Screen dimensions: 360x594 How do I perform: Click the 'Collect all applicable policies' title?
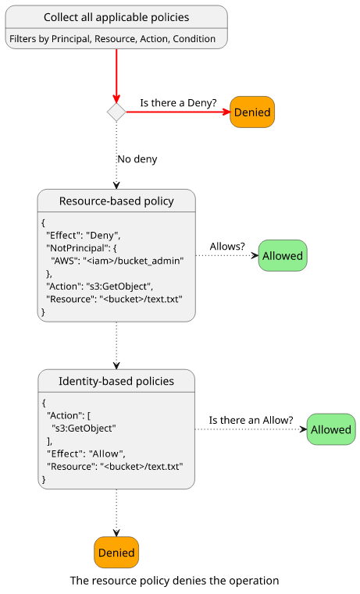tap(116, 17)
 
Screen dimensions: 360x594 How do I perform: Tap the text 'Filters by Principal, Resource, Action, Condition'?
tap(112, 39)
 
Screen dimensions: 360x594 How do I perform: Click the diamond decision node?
tap(116, 112)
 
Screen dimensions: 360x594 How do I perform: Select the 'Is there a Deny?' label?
tap(179, 103)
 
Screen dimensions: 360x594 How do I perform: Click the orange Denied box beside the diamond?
tap(252, 112)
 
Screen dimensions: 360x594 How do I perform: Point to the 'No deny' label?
tap(137, 159)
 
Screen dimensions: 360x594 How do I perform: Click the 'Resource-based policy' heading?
tap(116, 201)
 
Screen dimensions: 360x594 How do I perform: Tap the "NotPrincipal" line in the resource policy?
tap(81, 248)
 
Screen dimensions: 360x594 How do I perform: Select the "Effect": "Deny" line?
tap(84, 235)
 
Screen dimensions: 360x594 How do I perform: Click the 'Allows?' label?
tap(227, 247)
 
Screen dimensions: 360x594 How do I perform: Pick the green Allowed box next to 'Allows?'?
tap(283, 256)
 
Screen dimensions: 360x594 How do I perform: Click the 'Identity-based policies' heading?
tap(116, 381)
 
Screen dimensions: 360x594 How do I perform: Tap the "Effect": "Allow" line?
tap(87, 454)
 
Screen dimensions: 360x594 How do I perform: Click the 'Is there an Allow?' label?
tap(251, 420)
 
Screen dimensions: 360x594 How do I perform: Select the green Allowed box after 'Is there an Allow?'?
tap(331, 429)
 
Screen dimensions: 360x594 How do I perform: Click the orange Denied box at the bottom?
tap(116, 553)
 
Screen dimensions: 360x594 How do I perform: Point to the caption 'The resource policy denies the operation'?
tap(175, 581)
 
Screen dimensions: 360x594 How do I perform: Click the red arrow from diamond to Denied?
tap(178, 112)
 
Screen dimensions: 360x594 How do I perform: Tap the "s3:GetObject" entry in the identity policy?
tap(84, 429)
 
